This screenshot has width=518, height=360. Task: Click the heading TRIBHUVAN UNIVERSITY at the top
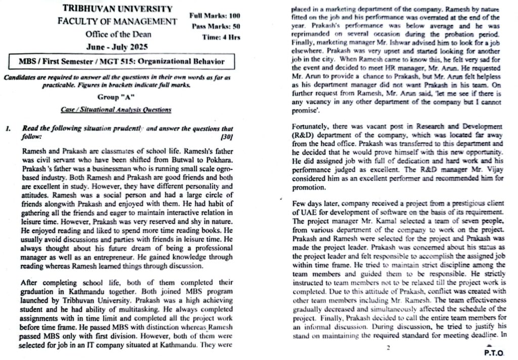point(117,9)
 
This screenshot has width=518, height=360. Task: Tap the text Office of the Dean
point(117,34)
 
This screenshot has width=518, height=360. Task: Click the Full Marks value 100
point(234,16)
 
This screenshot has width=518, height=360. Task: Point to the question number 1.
point(8,129)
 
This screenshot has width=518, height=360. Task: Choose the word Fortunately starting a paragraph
point(313,126)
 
